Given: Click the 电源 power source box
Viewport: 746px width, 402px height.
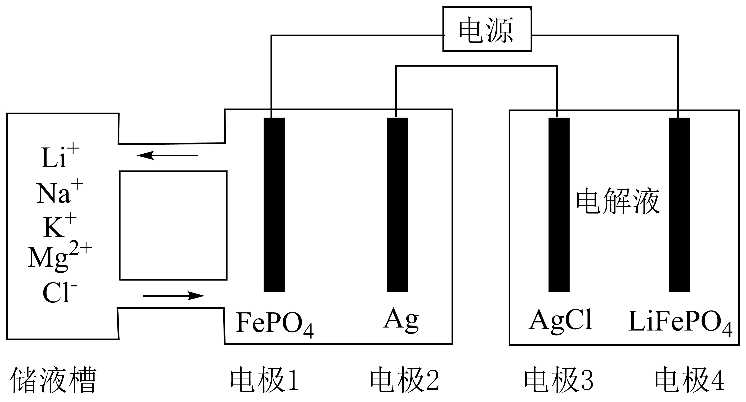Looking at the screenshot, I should (487, 29).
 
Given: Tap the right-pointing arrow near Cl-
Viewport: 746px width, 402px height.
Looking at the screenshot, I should (174, 296).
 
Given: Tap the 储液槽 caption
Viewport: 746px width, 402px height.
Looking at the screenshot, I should (53, 380).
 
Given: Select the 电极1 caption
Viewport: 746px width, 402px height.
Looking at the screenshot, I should (264, 380).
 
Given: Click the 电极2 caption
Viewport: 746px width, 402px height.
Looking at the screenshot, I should (405, 380).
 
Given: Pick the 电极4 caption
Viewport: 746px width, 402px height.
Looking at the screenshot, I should (689, 380).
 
